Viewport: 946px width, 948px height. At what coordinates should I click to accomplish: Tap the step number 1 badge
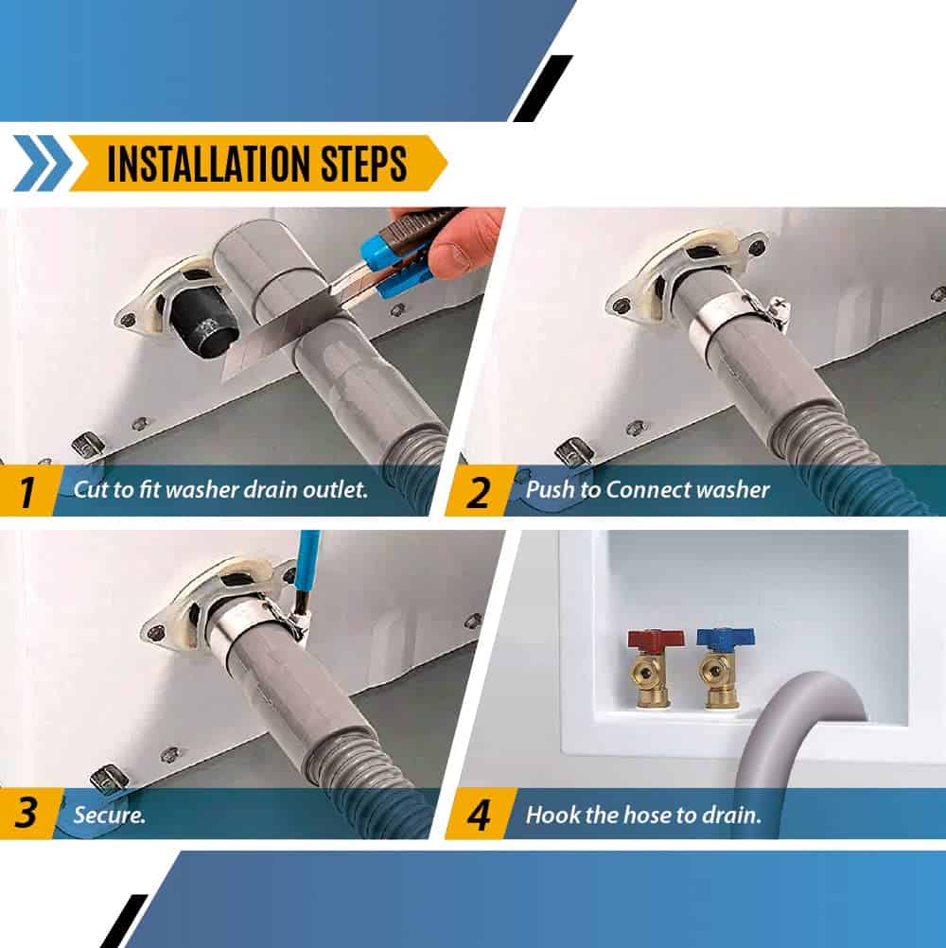tap(27, 491)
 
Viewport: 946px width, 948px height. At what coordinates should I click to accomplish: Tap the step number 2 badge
tap(479, 491)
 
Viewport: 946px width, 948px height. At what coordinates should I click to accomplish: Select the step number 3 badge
tap(27, 813)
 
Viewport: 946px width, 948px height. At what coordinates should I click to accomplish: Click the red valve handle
tap(656, 640)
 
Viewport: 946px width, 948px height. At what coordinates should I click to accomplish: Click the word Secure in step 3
tap(108, 815)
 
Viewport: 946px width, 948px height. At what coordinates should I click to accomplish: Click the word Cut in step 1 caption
tap(89, 489)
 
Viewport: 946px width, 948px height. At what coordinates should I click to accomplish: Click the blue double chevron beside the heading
tap(43, 164)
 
